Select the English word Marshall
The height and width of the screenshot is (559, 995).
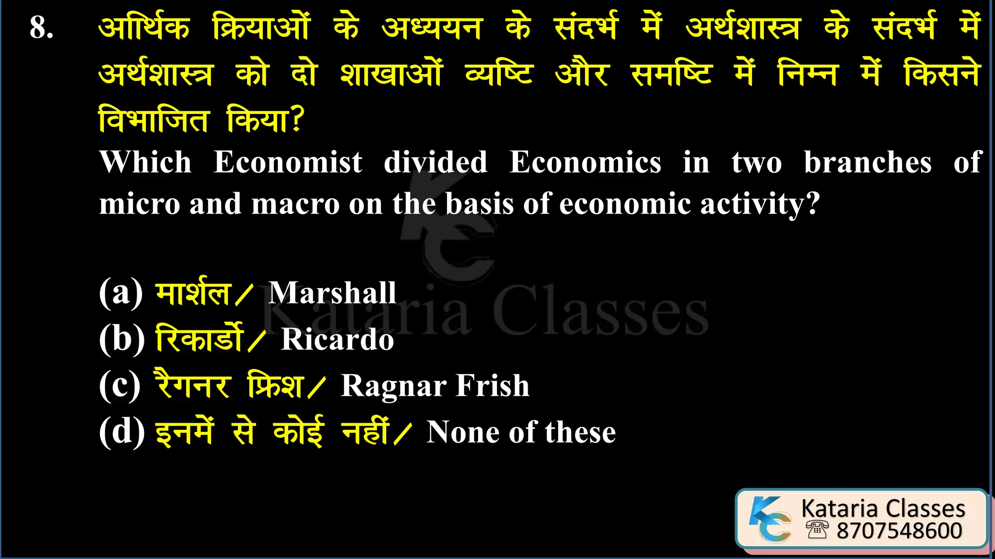point(332,293)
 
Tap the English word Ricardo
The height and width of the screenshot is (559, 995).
point(337,339)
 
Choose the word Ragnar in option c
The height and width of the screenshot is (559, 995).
point(394,387)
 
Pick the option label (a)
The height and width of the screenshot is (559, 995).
point(120,292)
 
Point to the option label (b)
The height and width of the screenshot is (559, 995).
point(121,338)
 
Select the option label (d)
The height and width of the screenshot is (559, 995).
point(121,431)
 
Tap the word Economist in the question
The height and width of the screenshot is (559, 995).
point(288,162)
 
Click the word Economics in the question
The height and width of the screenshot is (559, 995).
point(585,162)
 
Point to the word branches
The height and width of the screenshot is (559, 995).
point(868,162)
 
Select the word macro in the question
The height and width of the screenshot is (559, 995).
point(295,204)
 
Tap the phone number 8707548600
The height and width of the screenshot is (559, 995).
point(899,531)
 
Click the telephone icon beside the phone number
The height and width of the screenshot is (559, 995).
point(817,529)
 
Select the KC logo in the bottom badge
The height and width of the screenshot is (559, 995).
point(771,519)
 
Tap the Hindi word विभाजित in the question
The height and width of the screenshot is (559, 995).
point(154,119)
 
